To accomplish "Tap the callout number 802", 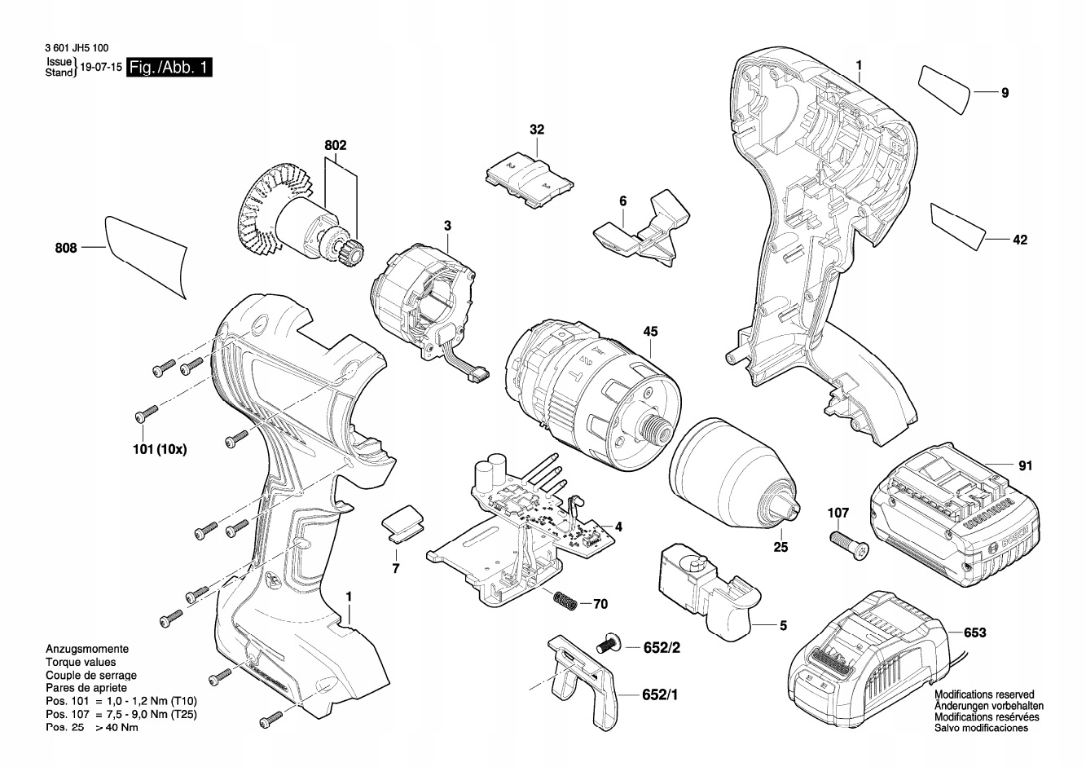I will pyautogui.click(x=335, y=146).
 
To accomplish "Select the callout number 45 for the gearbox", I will pyautogui.click(x=650, y=332).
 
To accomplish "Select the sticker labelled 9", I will pyautogui.click(x=947, y=86).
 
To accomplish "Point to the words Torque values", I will pyautogui.click(x=81, y=663).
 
